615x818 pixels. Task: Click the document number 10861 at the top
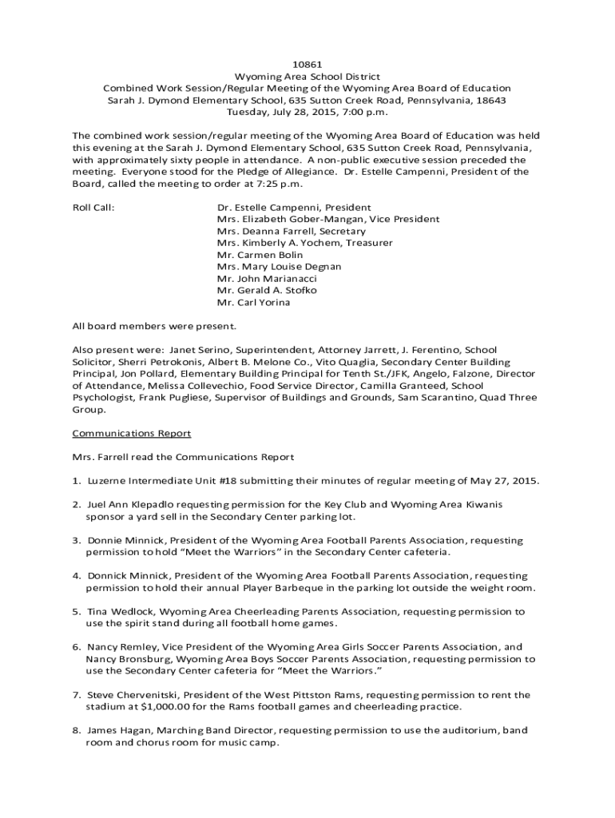(307, 63)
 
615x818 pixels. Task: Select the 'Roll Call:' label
(93, 207)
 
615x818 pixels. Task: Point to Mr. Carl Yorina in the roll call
(253, 303)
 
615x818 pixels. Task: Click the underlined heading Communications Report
(132, 433)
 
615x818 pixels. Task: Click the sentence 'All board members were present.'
(154, 326)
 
